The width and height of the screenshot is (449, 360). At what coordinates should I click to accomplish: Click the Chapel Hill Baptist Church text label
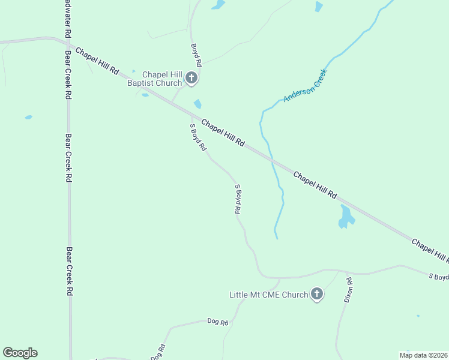[x=154, y=79]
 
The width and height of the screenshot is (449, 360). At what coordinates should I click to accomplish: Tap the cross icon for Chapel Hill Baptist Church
[x=191, y=77]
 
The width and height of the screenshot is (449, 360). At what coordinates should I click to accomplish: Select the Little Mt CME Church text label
[x=268, y=295]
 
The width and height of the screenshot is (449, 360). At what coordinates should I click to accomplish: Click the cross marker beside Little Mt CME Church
[x=317, y=294]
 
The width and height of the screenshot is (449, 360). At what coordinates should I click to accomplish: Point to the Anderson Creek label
[x=305, y=85]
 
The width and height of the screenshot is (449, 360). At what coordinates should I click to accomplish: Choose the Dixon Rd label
[x=348, y=289]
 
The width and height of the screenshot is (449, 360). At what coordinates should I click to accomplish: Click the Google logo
[x=20, y=353]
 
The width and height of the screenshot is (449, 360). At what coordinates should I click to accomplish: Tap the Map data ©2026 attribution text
[x=424, y=355]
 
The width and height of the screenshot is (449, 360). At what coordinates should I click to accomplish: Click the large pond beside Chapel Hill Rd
[x=346, y=216]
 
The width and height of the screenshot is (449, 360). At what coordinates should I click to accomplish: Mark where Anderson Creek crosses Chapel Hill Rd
[x=273, y=161]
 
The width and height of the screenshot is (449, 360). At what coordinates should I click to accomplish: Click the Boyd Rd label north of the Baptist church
[x=196, y=55]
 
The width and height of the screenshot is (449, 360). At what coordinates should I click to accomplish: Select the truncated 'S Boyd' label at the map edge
[x=438, y=276]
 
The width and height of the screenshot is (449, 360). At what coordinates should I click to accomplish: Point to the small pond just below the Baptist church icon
[x=197, y=104]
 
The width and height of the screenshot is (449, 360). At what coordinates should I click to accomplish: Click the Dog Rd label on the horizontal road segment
[x=217, y=322]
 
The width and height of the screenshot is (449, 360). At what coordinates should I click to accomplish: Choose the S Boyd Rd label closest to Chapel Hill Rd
[x=197, y=137]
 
